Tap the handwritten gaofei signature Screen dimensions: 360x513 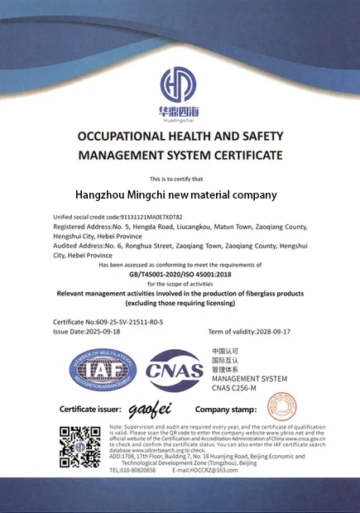[149, 410]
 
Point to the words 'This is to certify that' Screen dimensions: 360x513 [179, 179]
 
